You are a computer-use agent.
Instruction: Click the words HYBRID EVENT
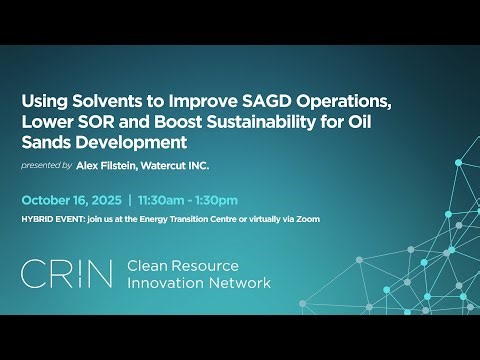(52, 218)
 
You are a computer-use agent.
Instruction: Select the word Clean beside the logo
(150, 265)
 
